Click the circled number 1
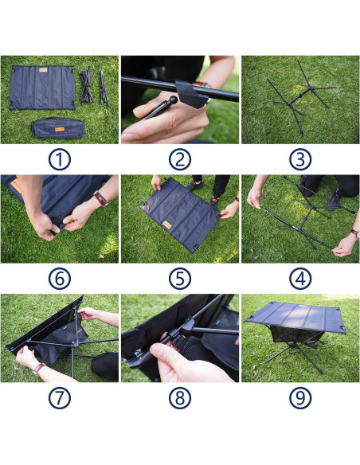coord(60,159)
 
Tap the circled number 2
coord(180,159)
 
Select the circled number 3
coord(299,159)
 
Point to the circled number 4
coord(299,279)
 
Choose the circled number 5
coord(180,279)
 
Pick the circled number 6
coord(60,279)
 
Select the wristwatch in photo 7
coord(37,369)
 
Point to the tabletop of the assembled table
coord(296,313)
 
